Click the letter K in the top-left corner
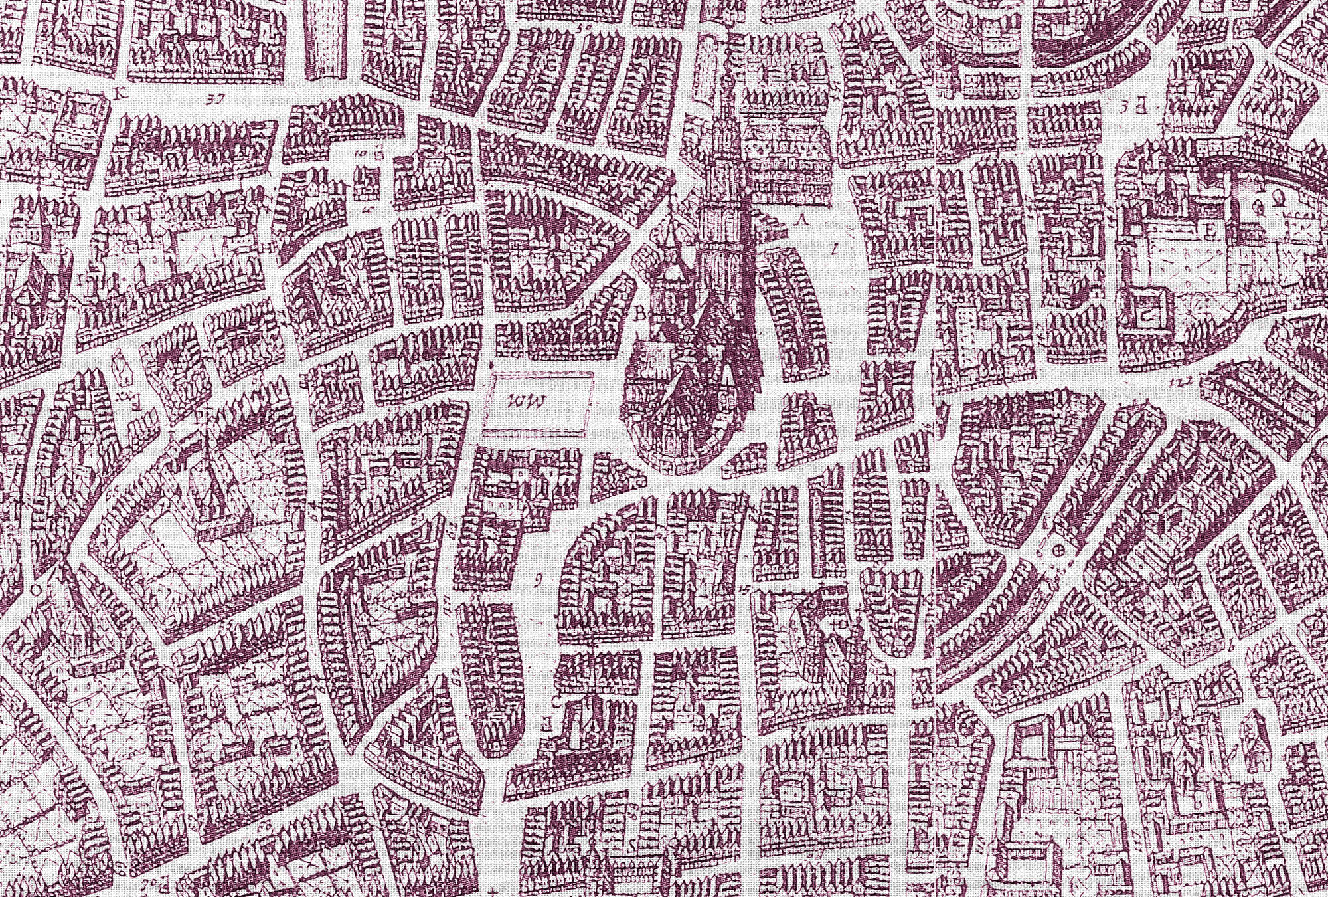click(120, 92)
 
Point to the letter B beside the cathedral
click(641, 315)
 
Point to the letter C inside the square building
click(1147, 316)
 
